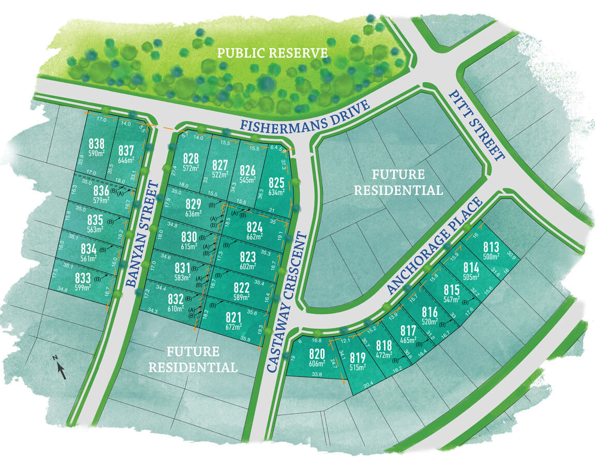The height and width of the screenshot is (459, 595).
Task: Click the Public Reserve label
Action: (x=272, y=53)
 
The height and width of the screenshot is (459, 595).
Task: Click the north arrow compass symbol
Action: (x=61, y=368)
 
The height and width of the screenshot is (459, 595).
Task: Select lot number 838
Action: (x=97, y=143)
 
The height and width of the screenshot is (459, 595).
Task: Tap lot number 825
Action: (x=277, y=182)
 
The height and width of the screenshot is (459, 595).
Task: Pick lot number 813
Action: (x=491, y=247)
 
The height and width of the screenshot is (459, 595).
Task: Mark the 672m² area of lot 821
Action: (x=233, y=327)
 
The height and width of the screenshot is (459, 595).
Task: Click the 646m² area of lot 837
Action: (x=126, y=160)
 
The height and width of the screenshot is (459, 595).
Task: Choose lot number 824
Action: (x=254, y=226)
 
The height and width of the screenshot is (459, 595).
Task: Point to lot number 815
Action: (x=451, y=289)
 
